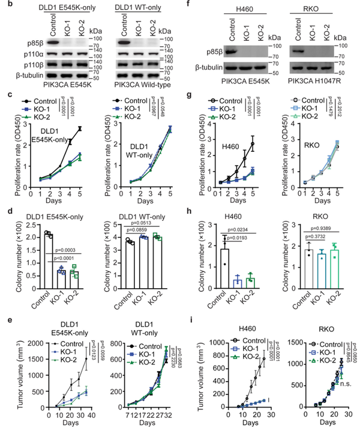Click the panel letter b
[5, 8]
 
